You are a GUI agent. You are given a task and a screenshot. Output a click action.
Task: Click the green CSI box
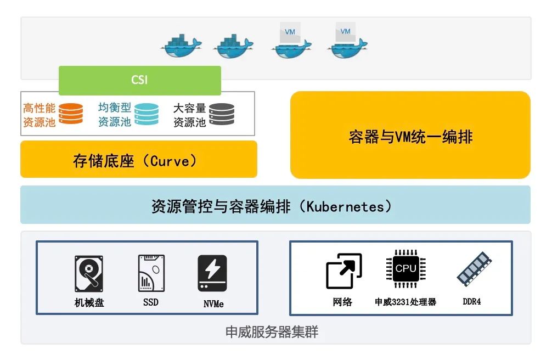point(139,80)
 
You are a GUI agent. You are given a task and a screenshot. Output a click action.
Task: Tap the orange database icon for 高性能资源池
point(71,114)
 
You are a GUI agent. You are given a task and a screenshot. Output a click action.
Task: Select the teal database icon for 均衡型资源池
point(147,114)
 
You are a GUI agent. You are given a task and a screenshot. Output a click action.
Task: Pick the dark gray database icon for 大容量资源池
point(222,114)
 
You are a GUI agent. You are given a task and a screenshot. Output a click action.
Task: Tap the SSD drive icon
point(151,273)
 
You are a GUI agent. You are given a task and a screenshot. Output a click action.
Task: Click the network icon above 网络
point(343,271)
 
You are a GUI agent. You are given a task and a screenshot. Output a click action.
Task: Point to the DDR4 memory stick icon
point(472,269)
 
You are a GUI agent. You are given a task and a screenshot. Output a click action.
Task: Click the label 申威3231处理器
point(405,302)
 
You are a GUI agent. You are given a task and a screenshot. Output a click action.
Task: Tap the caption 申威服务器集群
point(272,332)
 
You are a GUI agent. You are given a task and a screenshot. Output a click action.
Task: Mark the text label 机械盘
point(89,302)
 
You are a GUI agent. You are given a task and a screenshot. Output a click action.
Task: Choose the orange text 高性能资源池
point(39,115)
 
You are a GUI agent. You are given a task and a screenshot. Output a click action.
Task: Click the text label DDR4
point(472,301)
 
